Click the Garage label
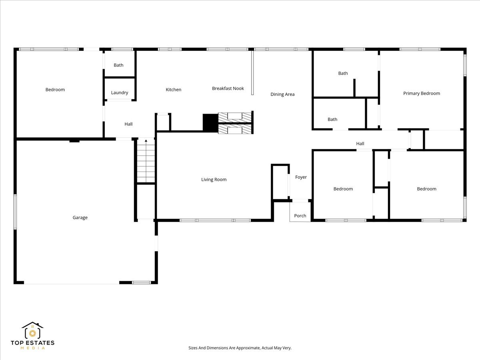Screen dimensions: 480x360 80,218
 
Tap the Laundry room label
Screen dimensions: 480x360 119,93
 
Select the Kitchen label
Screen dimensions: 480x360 174,90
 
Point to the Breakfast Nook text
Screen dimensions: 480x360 228,88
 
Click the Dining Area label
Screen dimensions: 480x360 282,94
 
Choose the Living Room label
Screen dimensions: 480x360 214,180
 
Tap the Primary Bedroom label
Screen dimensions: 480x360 421,93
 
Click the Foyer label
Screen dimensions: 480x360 301,177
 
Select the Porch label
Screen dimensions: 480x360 300,216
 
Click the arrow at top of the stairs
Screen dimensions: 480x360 146,141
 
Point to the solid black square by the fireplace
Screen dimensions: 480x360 210,123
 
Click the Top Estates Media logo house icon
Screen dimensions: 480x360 32,330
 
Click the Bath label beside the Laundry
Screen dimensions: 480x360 118,65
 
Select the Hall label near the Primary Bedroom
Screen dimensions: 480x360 360,144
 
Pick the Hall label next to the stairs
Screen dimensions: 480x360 128,124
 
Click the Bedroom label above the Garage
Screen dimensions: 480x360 55,90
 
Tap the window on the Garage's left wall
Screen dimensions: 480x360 15,212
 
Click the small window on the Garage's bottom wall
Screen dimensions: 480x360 141,283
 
